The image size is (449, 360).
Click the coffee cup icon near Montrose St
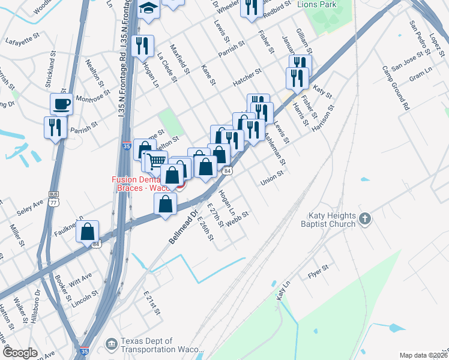pyautogui.click(x=61, y=104)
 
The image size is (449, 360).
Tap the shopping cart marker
pyautogui.click(x=156, y=160)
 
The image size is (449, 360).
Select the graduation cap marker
pyautogui.click(x=147, y=9)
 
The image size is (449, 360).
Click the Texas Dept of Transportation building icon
pyautogui.click(x=111, y=344)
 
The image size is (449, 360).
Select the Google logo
pyautogui.click(x=20, y=353)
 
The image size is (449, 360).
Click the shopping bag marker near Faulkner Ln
pyautogui.click(x=88, y=231)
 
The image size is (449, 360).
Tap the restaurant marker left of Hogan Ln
pyautogui.click(x=143, y=45)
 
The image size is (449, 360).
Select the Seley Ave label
pyautogui.click(x=31, y=208)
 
